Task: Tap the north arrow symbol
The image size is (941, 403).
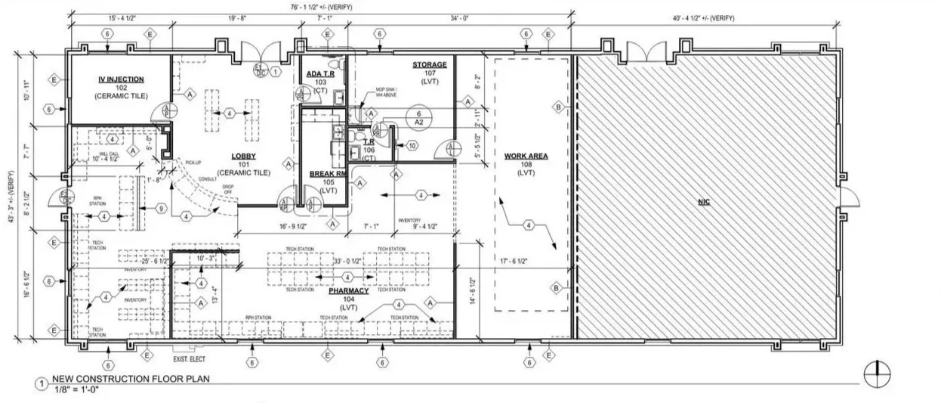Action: (x=876, y=373)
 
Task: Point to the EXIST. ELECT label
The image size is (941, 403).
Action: (x=190, y=349)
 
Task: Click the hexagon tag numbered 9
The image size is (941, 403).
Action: (x=161, y=208)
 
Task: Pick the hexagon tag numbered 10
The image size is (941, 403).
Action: (x=412, y=145)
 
